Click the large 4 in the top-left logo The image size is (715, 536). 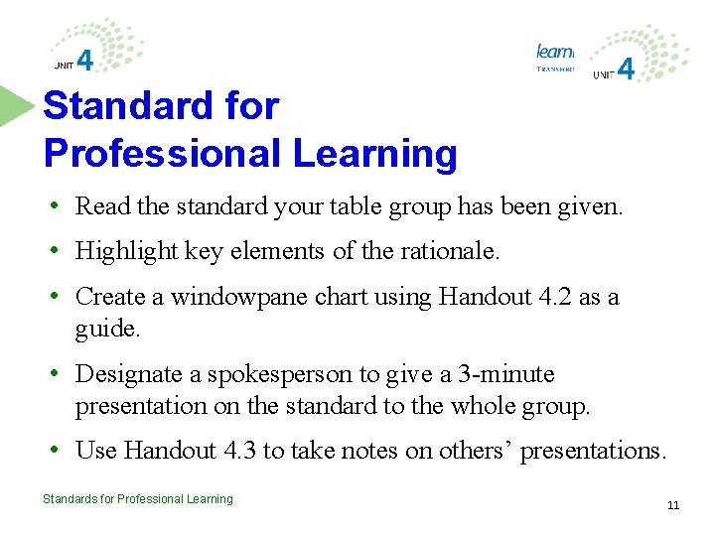(x=85, y=61)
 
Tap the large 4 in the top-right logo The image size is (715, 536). (x=626, y=68)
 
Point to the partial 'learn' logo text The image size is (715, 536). (x=554, y=51)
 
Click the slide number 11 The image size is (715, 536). (x=673, y=505)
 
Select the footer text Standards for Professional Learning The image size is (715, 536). (x=138, y=499)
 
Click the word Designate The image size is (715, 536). (x=122, y=374)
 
